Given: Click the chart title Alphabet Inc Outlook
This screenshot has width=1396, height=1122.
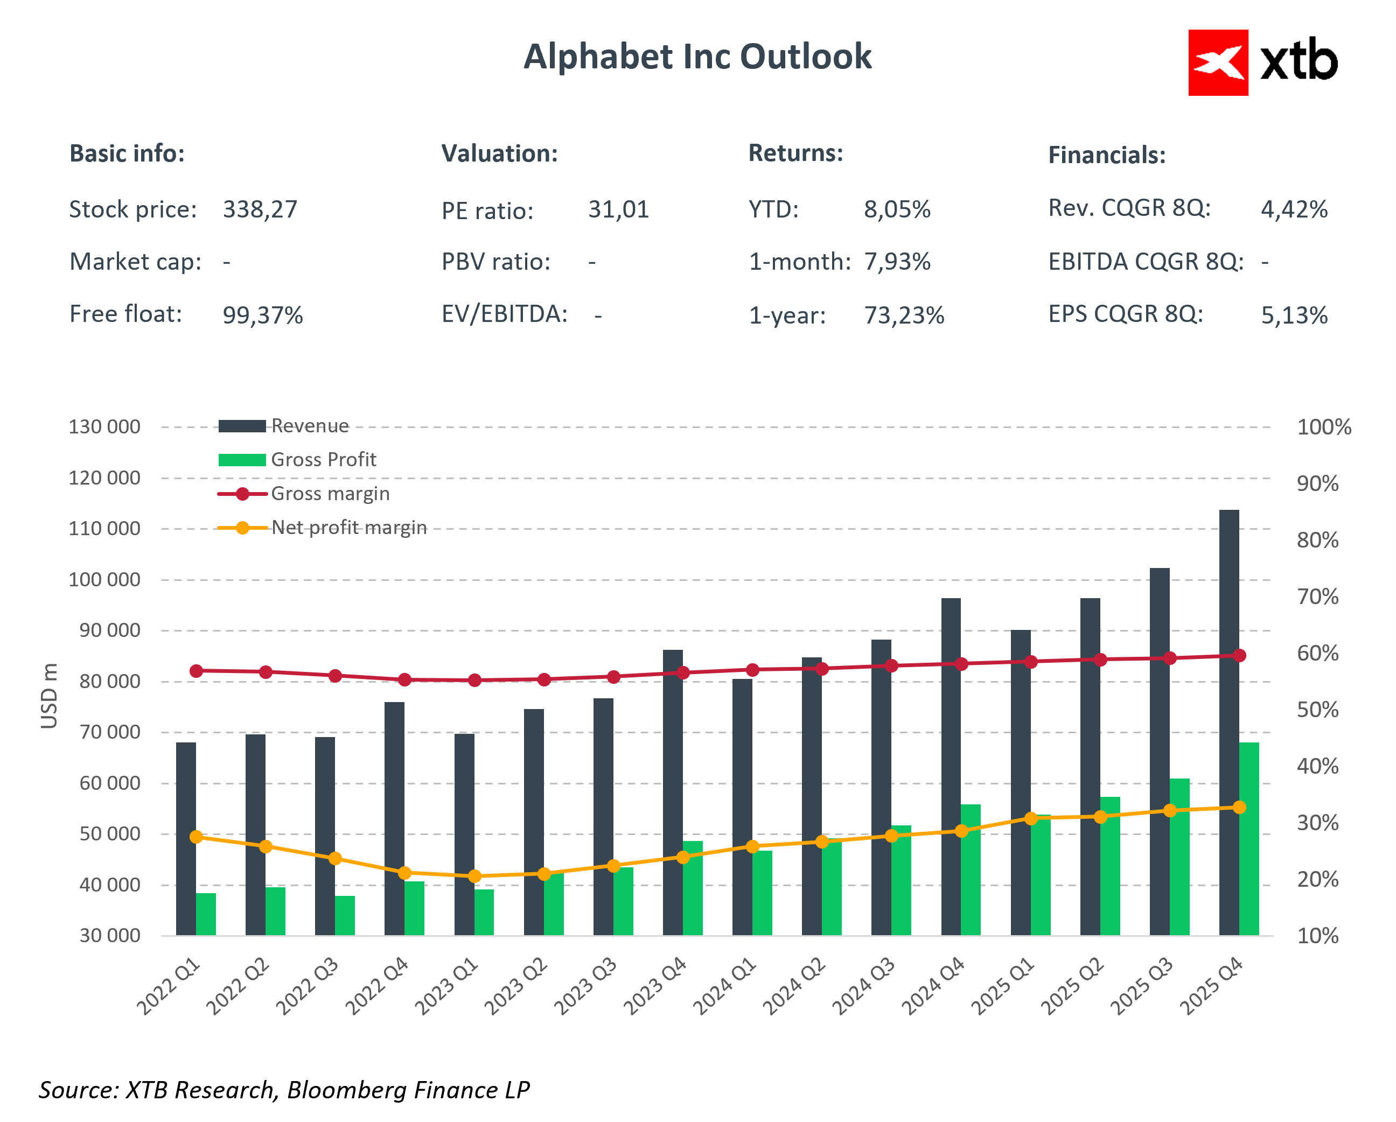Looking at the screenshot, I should pos(697,57).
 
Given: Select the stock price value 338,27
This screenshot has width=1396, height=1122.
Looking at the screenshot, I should pos(260,209).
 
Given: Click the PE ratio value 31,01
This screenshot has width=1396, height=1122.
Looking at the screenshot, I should pos(618,209).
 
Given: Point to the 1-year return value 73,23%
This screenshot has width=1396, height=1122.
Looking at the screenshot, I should pos(903,315).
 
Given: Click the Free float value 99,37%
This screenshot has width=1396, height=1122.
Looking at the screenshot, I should pos(262,315).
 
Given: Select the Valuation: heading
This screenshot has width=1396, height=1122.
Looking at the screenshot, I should pos(499,153).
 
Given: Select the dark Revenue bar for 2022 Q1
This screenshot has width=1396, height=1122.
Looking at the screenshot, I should pos(186,841).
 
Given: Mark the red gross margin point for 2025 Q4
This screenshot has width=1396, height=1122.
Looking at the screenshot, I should pos(1239,655).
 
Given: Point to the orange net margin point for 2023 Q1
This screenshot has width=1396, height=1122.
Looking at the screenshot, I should pos(474,876).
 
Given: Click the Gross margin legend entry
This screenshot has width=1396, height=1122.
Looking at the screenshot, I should pos(330,494).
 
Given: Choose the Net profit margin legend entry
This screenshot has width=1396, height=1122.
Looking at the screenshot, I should pos(348,528).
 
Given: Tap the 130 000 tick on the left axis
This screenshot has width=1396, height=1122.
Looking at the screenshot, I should pos(104,426).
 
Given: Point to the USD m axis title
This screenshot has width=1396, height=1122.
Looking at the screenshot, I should pos(49,696).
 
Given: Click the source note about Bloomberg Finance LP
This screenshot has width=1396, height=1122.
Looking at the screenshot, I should pos(284,1090).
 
